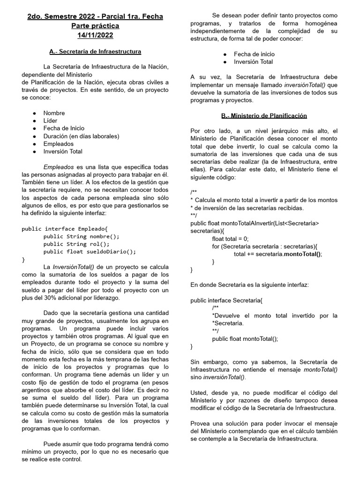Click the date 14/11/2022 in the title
coord(95,35)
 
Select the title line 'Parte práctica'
coord(95,26)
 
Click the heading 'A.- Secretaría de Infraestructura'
coord(95,51)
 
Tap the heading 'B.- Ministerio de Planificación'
coord(264,115)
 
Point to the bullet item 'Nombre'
coord(54,113)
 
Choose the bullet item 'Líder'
coord(51,120)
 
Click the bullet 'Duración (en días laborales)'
coord(81,136)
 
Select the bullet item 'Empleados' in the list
coord(59,144)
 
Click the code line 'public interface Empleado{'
coord(65,229)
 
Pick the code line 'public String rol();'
coord(76,244)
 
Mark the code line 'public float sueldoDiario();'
coord(90,251)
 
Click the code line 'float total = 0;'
coord(230,239)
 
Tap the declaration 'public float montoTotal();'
coord(245,338)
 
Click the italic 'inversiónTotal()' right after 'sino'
coord(225,377)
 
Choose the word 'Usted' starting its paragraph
coord(199,392)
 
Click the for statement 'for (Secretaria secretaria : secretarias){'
coord(264,246)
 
